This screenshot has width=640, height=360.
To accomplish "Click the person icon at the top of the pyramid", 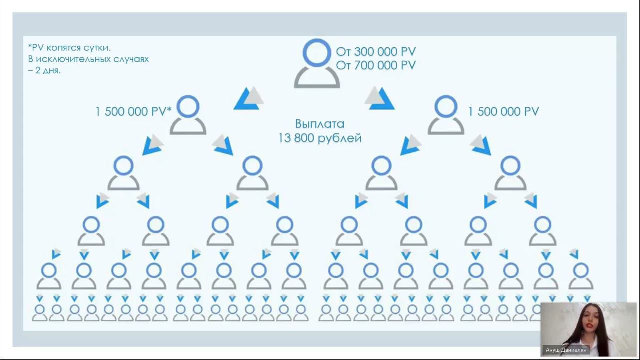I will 317,64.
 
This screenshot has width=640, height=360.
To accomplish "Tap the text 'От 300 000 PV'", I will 376,52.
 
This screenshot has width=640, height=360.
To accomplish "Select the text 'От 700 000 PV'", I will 376,65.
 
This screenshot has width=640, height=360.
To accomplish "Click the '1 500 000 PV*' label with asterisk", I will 133,112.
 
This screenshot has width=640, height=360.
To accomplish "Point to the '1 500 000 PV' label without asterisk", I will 503,112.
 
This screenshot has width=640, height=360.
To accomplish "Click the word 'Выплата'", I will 319,124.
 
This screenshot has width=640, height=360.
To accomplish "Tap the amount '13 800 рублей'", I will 320,138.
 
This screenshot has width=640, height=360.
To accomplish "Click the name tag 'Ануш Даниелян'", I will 565,350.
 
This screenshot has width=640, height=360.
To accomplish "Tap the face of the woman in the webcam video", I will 588,320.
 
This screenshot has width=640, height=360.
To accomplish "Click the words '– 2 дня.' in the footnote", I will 45,70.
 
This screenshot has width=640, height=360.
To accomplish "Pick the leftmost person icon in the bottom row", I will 40,312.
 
